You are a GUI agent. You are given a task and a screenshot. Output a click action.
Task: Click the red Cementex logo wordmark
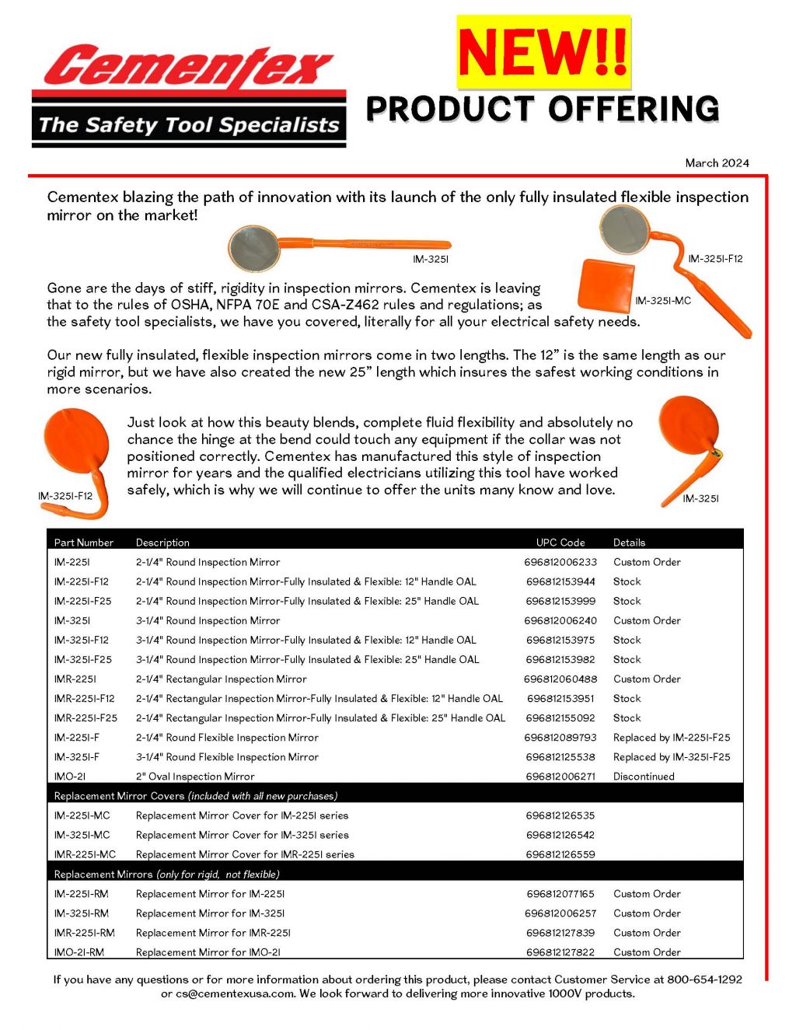click(188, 66)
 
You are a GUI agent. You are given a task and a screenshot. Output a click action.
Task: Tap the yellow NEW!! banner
click(543, 51)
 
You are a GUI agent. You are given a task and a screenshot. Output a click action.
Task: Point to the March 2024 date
click(717, 163)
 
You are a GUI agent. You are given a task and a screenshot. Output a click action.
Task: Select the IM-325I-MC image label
click(662, 301)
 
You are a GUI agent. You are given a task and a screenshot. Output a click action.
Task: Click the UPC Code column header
click(560, 543)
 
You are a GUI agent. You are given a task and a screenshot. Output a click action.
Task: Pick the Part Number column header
click(83, 543)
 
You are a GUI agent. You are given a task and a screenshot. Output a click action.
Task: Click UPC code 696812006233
click(560, 562)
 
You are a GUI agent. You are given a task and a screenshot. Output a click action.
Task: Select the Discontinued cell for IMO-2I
click(644, 777)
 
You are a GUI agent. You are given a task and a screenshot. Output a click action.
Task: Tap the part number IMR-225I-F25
click(86, 718)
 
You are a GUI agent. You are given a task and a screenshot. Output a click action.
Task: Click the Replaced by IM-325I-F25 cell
click(672, 757)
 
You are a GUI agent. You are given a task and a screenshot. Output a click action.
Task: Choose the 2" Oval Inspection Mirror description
click(195, 777)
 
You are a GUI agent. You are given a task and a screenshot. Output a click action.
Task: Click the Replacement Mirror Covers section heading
click(196, 796)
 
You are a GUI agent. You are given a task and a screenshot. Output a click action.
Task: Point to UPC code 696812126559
click(560, 854)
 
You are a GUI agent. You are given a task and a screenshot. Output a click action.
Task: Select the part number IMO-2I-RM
click(79, 952)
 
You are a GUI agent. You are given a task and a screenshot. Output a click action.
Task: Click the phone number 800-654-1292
click(704, 979)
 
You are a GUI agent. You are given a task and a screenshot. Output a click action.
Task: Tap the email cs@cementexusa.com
click(236, 993)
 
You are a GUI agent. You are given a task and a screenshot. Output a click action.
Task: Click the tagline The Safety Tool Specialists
click(189, 125)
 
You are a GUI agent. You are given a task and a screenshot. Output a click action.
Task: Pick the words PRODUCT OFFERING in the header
click(543, 110)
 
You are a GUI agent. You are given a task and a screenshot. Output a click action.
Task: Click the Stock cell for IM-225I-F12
click(627, 581)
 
